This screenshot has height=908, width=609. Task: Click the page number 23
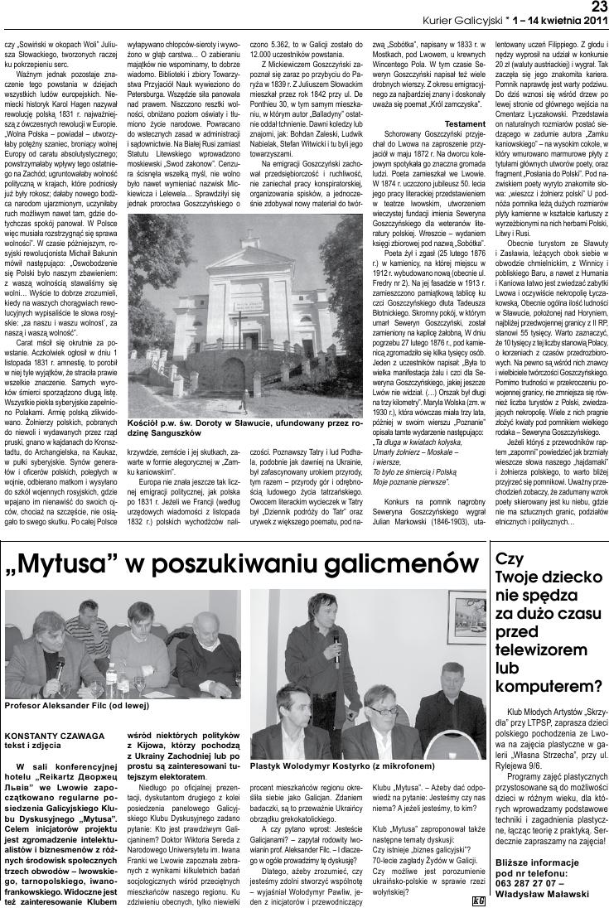point(597,7)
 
